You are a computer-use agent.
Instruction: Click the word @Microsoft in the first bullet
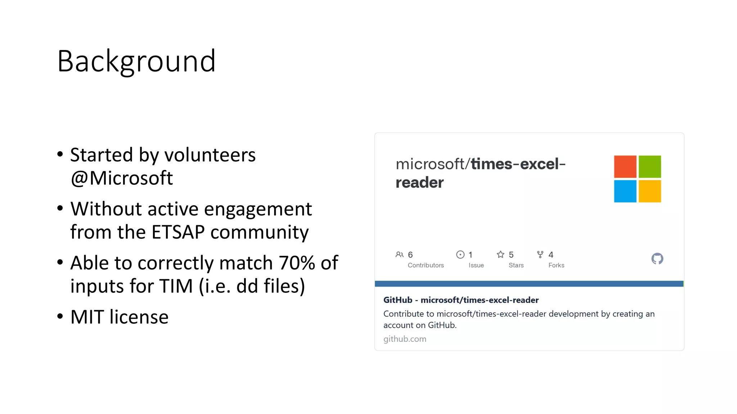[122, 178]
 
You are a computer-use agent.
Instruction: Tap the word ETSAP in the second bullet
[178, 232]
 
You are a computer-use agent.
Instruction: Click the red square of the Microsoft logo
[625, 167]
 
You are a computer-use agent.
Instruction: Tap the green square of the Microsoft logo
[650, 167]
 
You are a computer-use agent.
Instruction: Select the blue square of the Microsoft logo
[625, 191]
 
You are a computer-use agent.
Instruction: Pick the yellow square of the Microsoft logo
[650, 191]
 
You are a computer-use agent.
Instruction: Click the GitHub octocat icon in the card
[657, 259]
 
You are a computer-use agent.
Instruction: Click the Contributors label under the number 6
[426, 265]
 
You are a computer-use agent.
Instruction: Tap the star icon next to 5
[501, 254]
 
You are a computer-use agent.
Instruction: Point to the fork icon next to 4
[540, 254]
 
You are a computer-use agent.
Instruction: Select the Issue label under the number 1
[476, 265]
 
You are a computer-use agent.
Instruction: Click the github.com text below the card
[404, 339]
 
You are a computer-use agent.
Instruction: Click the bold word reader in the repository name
[420, 183]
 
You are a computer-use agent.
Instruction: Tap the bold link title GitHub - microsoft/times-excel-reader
[461, 300]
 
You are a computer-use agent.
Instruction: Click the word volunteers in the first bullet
[210, 155]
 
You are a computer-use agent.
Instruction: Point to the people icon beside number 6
[399, 254]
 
